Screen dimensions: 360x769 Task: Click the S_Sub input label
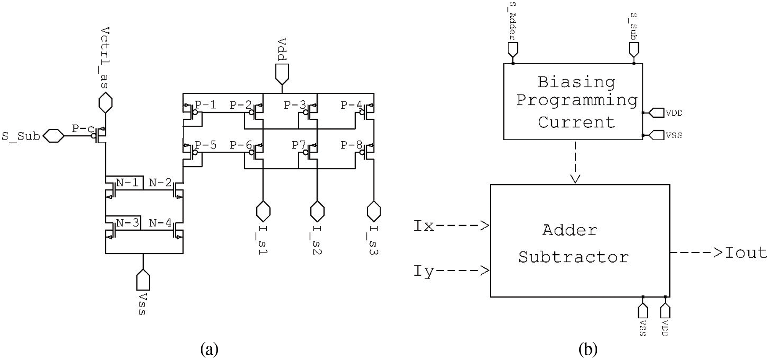(20, 136)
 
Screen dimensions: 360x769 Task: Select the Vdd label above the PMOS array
(282, 50)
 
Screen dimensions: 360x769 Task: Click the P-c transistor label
(83, 129)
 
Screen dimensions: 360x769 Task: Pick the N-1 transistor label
(127, 182)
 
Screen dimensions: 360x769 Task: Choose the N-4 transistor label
(160, 223)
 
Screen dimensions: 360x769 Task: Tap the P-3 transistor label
(294, 105)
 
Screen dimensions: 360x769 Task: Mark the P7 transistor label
(298, 145)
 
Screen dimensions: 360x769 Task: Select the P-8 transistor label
(351, 145)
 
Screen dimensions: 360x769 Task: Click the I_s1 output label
(263, 240)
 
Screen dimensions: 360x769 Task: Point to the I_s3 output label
(374, 240)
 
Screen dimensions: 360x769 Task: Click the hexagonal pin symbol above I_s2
(317, 211)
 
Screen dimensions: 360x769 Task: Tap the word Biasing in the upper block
(576, 82)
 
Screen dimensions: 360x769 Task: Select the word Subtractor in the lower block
(573, 257)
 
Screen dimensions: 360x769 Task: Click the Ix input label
(424, 226)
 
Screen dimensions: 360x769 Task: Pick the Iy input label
(424, 271)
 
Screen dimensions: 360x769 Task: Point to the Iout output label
(746, 253)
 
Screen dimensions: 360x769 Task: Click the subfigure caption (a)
(209, 349)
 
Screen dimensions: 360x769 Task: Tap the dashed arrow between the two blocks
(575, 162)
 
